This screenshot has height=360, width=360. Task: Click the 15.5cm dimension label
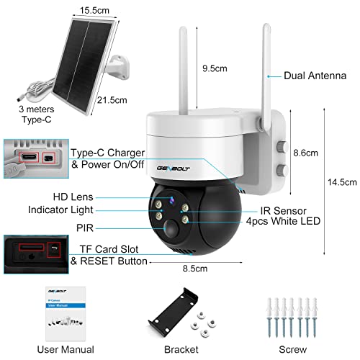94,10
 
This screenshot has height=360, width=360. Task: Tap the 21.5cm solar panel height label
112,100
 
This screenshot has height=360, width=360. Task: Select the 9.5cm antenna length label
215,68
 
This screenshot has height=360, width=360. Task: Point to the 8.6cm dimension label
305,153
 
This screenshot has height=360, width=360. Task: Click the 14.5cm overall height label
342,182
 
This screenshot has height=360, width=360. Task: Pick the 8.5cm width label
195,269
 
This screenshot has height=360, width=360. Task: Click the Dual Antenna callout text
315,76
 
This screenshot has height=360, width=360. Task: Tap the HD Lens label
73,197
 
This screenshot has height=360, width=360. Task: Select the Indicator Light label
60,210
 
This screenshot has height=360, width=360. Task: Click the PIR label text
85,228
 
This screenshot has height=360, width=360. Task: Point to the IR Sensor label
284,211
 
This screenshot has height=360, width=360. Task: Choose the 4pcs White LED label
283,221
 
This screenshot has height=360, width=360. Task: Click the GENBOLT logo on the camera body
174,168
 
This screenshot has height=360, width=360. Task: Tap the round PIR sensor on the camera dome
171,228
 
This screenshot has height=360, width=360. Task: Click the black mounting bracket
174,310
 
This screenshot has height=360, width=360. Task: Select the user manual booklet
66,313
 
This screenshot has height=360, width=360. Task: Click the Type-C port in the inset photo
30,158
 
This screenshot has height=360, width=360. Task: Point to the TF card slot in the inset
32,247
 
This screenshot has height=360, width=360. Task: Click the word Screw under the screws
292,349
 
